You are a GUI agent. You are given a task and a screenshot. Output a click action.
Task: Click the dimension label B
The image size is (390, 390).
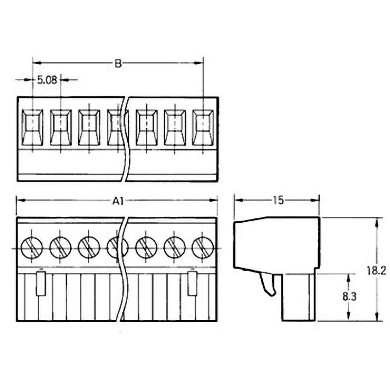click(x=117, y=63)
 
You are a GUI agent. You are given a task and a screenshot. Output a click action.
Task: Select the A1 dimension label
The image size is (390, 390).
click(x=117, y=200)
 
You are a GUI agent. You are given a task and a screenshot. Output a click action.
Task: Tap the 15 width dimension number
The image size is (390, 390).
click(x=278, y=200)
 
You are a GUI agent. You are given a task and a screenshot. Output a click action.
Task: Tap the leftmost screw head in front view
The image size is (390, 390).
click(x=32, y=248)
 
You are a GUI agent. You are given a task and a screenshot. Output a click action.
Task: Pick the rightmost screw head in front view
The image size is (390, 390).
click(x=203, y=248)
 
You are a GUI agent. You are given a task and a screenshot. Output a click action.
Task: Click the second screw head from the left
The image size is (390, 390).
click(x=60, y=248)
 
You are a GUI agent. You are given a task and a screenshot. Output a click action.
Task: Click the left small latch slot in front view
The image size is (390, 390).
click(x=41, y=283)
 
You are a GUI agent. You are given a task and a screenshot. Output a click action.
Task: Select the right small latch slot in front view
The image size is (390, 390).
click(x=193, y=283)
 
